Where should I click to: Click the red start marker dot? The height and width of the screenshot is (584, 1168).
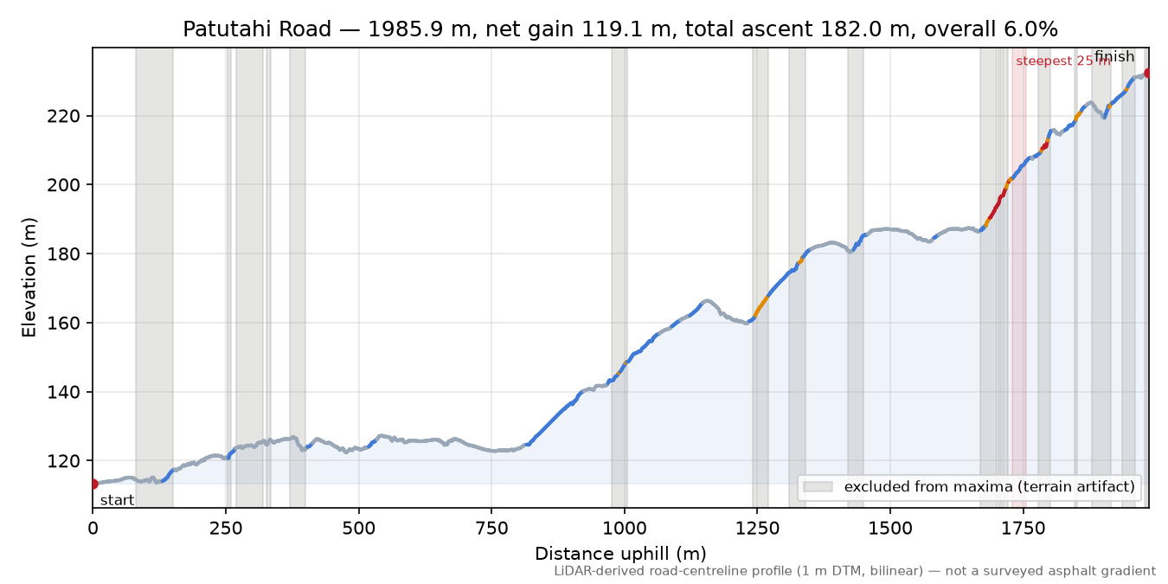[93, 484]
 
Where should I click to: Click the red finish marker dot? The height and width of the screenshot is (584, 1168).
[1146, 73]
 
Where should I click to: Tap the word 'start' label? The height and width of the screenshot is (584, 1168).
[118, 501]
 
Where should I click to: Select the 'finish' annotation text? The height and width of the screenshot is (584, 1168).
[1114, 56]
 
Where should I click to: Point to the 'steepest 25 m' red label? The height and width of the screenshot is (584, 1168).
[1062, 61]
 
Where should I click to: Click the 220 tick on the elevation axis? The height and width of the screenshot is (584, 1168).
[64, 116]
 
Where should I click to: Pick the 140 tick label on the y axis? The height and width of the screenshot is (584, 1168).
[64, 392]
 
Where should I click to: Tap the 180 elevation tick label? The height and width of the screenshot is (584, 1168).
[64, 254]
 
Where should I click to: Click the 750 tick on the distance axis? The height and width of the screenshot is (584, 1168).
[491, 529]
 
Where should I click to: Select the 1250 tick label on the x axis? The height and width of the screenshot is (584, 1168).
[757, 529]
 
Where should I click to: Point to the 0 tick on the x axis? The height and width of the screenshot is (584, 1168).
[93, 529]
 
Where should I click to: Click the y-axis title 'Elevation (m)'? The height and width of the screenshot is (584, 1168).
[29, 278]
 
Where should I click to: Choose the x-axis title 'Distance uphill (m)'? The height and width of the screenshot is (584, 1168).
[620, 553]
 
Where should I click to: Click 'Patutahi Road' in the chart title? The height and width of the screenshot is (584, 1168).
[257, 29]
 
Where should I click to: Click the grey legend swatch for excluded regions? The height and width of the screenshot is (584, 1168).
[818, 486]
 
